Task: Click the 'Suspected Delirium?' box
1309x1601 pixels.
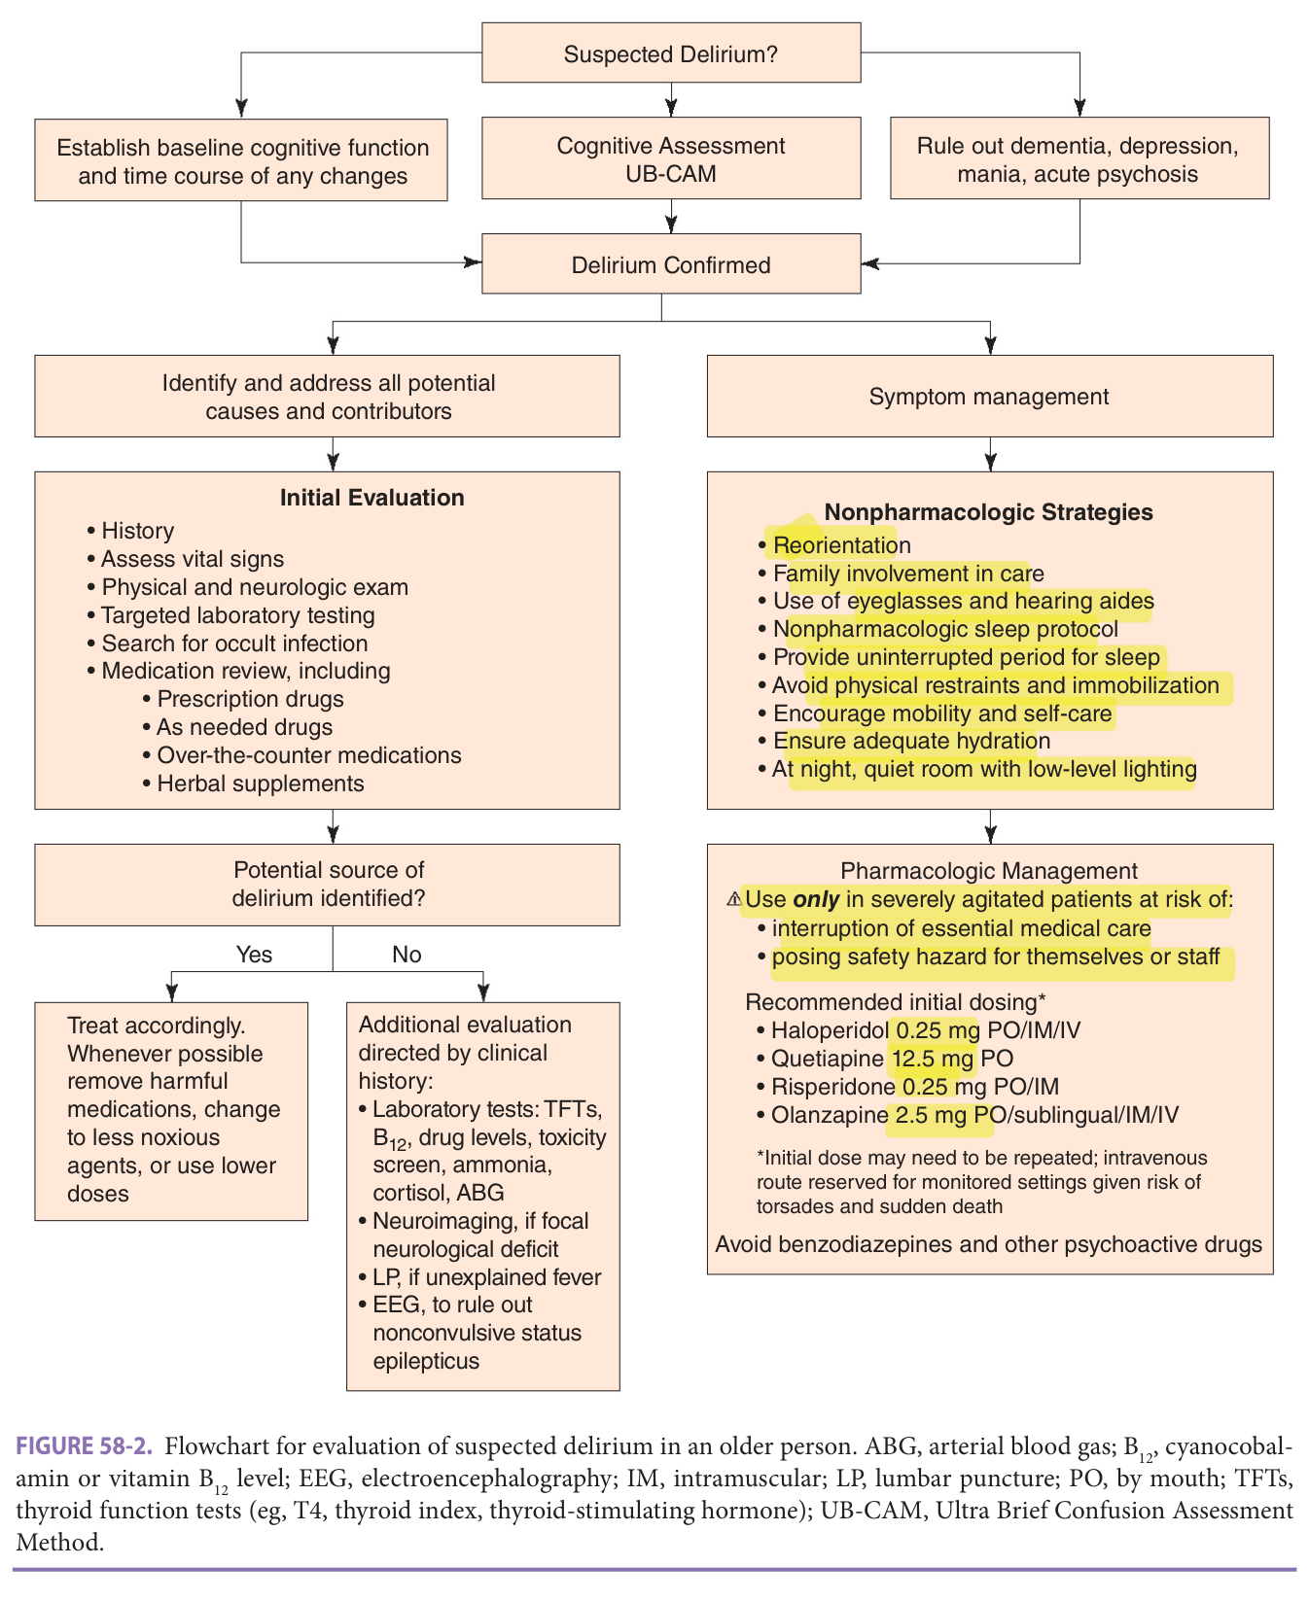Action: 671,52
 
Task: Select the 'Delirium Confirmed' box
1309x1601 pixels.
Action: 671,263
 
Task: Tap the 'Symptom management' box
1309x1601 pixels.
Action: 989,396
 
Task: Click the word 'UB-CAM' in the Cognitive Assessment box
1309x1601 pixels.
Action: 671,174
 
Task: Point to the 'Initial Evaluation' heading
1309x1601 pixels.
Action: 372,498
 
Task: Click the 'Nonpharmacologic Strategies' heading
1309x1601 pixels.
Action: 989,512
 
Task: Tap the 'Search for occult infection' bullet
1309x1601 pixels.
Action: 228,644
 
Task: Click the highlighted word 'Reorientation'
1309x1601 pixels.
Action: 842,545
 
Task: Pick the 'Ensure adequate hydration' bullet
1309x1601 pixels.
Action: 904,741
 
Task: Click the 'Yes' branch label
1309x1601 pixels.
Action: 255,955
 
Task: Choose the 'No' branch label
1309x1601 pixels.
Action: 407,955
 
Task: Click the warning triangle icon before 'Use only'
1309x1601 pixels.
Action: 734,899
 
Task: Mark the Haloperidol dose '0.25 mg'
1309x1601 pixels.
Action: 938,1030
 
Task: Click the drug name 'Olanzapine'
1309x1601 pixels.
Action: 830,1115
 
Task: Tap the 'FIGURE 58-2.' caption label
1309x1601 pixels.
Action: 85,1445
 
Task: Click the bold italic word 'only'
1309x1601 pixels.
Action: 816,899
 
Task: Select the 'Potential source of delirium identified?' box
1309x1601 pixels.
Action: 327,884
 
